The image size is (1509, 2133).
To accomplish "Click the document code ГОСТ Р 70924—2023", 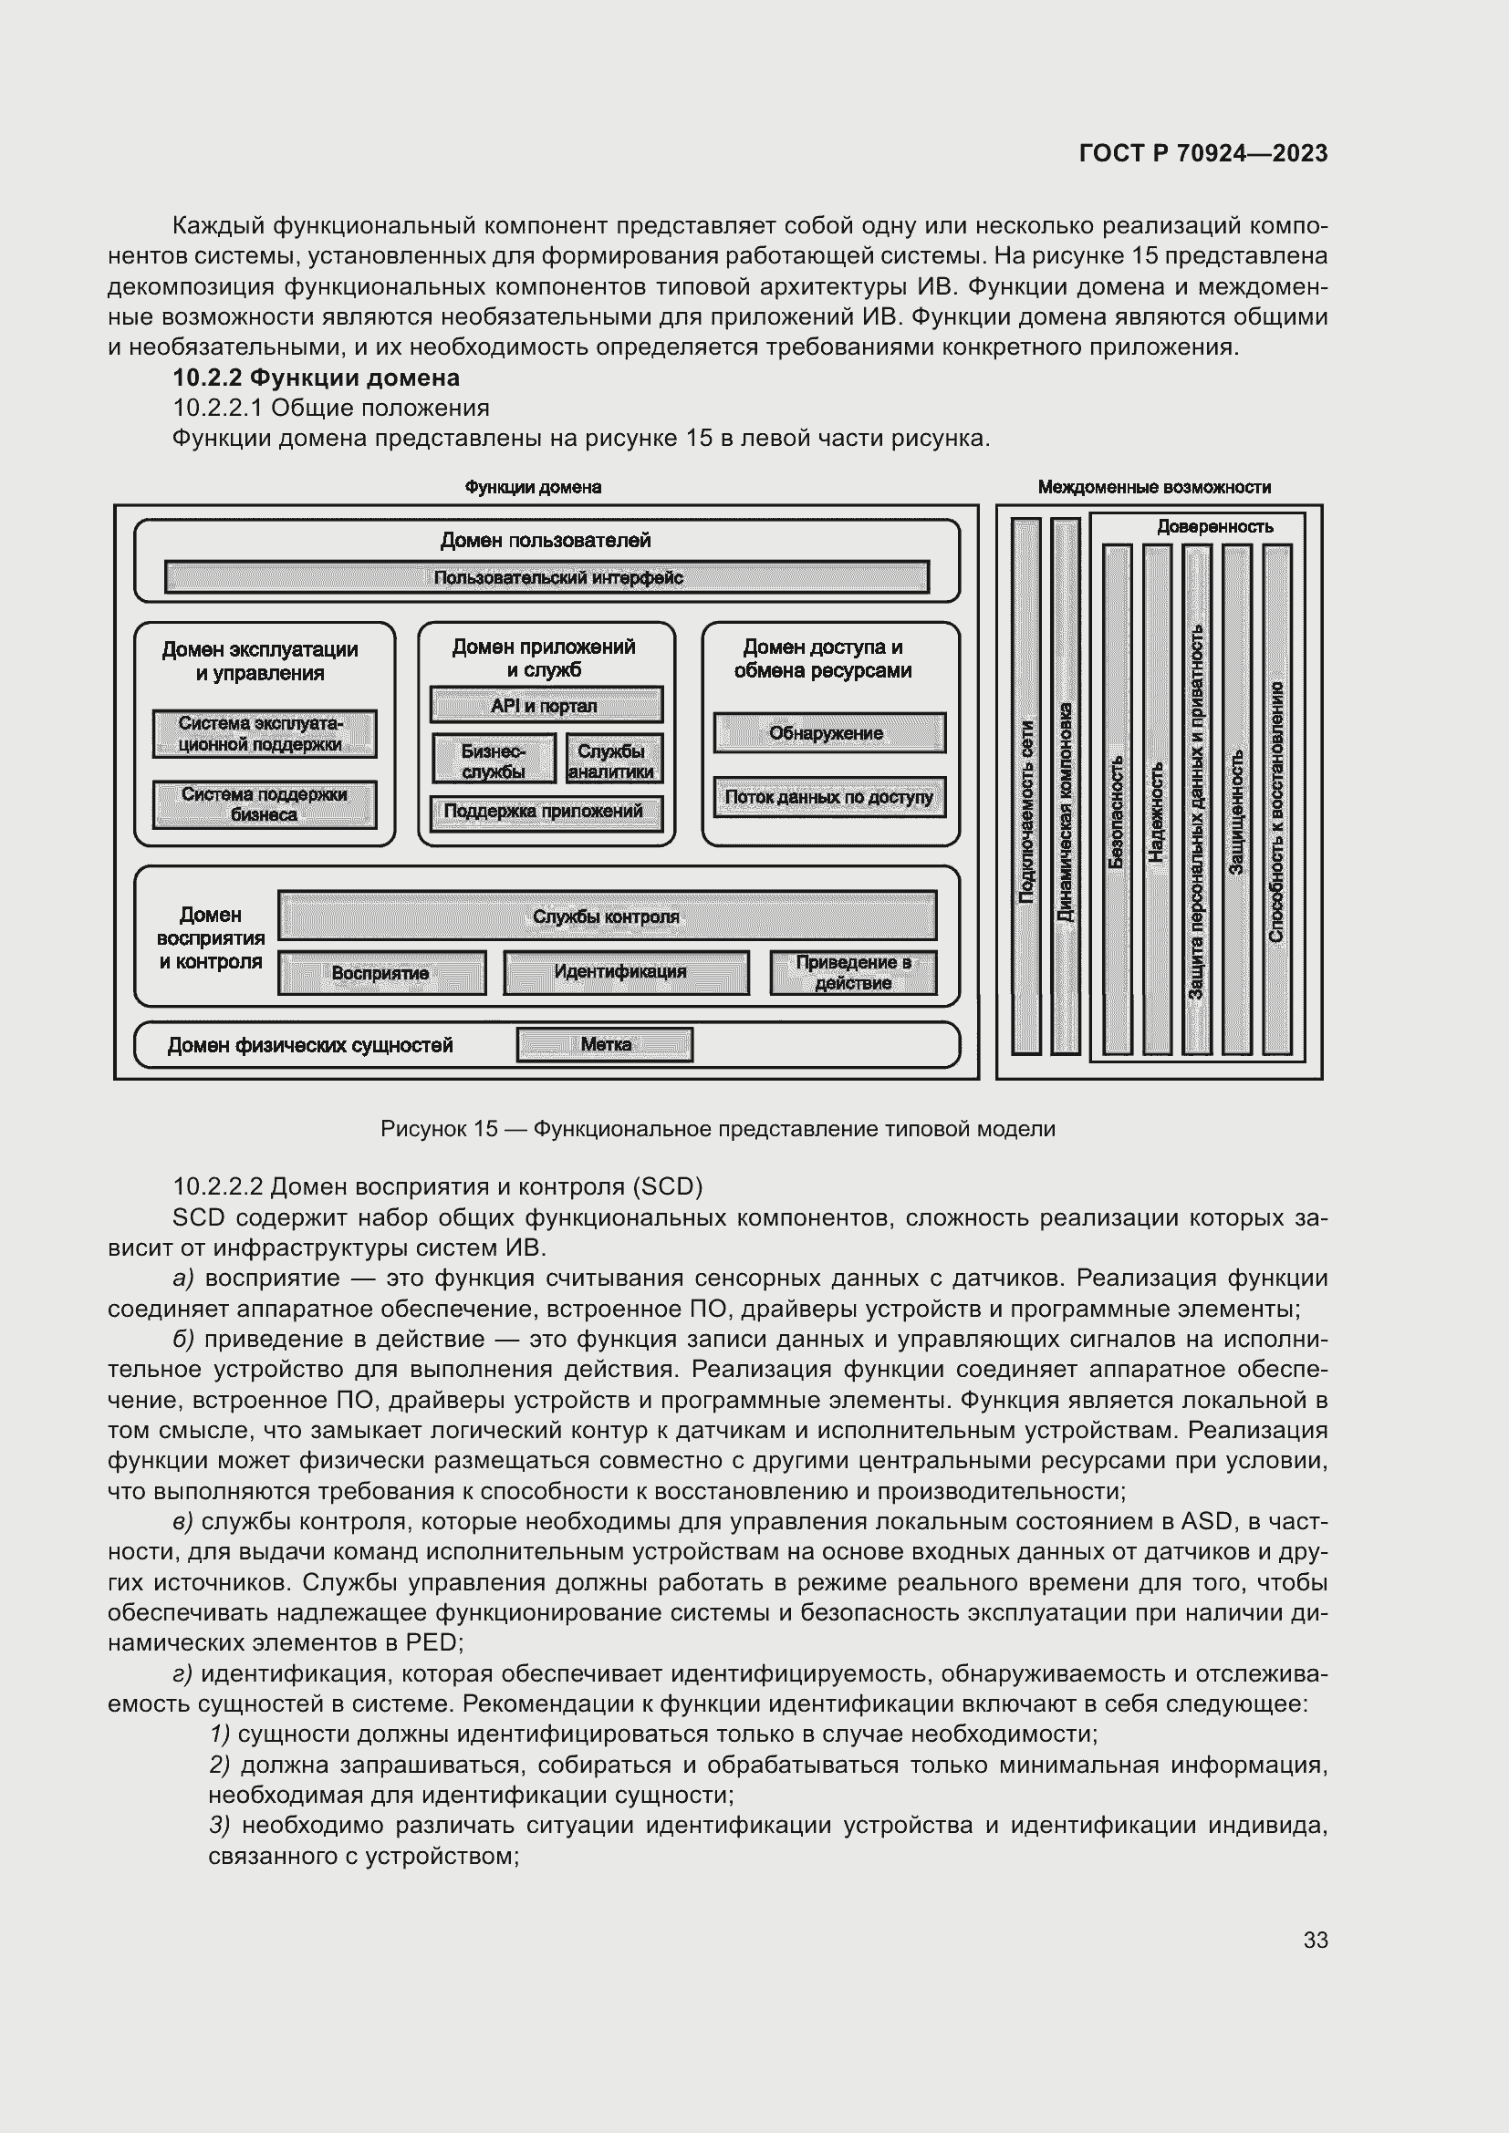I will click(1203, 153).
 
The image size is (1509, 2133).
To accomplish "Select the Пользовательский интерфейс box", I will click(546, 577).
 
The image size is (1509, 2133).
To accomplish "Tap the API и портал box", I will click(546, 705).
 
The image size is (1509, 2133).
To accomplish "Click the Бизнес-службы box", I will click(494, 760).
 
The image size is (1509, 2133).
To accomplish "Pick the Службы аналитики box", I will click(613, 760).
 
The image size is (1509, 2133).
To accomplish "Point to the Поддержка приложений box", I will click(546, 812).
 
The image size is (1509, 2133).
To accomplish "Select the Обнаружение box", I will click(828, 733).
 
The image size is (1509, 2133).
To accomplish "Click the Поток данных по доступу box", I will click(828, 797).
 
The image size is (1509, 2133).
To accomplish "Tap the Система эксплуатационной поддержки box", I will click(264, 734).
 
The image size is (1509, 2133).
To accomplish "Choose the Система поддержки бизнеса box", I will click(264, 804).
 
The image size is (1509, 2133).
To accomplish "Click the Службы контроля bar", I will click(607, 916).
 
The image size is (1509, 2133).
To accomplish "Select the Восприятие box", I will click(381, 973).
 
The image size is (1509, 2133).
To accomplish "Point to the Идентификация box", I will click(625, 972).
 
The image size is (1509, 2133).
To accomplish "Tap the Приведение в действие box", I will click(853, 973).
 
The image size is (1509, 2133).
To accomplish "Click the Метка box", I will click(605, 1044).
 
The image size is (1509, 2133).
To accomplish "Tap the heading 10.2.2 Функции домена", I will click(316, 378).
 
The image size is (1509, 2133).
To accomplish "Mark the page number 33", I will click(1315, 1940).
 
